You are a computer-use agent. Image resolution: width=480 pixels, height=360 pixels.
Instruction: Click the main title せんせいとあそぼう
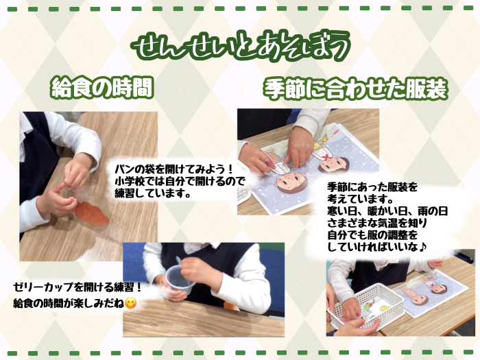[x=241, y=46]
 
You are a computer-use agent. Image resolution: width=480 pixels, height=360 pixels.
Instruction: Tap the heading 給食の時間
[x=102, y=88]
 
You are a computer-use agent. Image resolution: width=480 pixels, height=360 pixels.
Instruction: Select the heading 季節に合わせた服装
[x=355, y=89]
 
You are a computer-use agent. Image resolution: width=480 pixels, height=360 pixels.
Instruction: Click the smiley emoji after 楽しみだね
[x=131, y=303]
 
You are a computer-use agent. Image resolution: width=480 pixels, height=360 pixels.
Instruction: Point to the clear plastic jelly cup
[x=180, y=279]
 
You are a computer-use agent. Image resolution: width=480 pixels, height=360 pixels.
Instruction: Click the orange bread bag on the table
[x=91, y=213]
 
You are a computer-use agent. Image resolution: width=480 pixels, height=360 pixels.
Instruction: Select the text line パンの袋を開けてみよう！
[x=174, y=169]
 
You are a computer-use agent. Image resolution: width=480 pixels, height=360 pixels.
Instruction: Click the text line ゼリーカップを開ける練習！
[x=77, y=287]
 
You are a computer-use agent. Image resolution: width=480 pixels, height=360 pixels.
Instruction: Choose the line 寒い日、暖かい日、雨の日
[x=387, y=211]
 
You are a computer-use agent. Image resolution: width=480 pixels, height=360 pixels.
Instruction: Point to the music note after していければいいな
[x=422, y=247]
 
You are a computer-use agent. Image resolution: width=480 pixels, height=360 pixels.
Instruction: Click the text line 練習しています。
[x=152, y=193]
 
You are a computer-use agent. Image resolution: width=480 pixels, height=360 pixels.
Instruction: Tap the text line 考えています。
[x=360, y=199]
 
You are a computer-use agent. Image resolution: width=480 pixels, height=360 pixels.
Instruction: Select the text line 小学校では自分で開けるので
[x=180, y=181]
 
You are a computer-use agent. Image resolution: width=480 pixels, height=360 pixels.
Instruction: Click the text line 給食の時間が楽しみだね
[x=69, y=303]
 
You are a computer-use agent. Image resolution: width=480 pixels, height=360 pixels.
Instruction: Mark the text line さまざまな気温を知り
[x=377, y=223]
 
